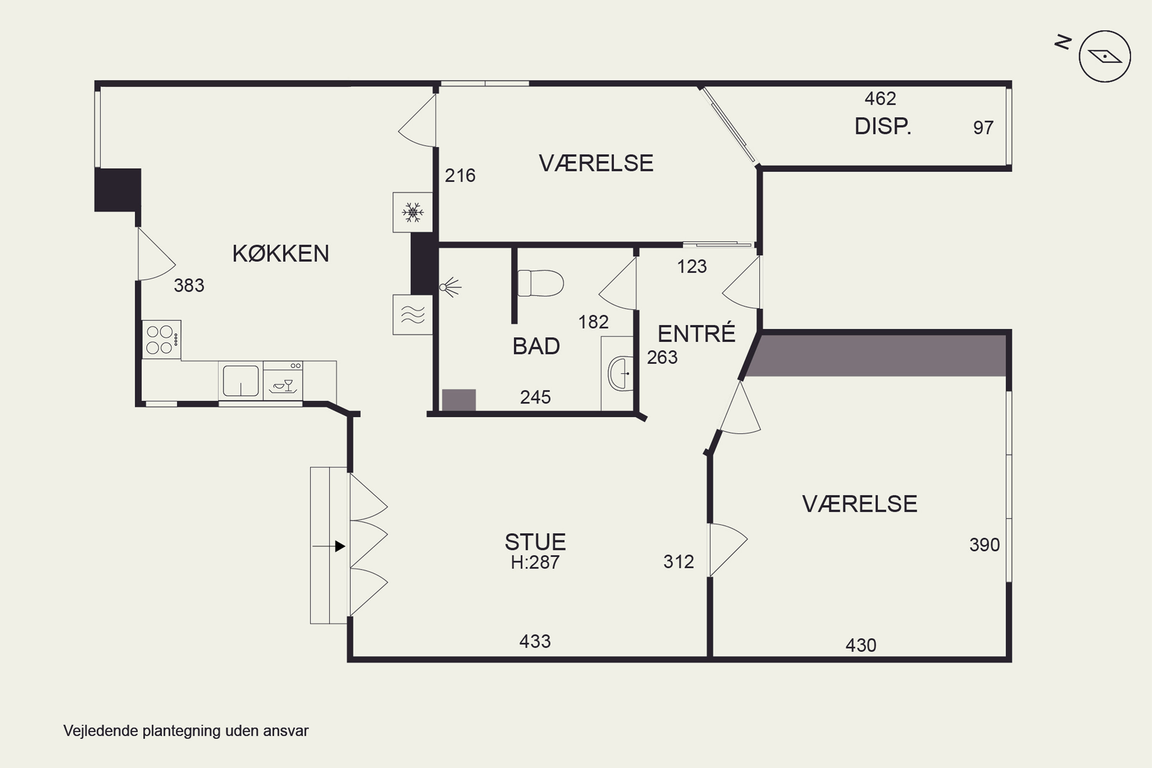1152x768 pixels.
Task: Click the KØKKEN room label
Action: tap(281, 254)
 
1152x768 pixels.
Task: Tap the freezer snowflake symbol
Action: tap(412, 212)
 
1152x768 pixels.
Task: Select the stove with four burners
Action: tap(162, 339)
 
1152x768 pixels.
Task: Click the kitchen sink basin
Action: tap(240, 381)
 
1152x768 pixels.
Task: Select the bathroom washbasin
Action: tap(620, 373)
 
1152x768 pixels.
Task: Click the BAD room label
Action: tap(536, 346)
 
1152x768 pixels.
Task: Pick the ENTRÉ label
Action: tap(696, 334)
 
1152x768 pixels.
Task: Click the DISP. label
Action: tap(882, 127)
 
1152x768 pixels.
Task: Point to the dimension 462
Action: tap(880, 99)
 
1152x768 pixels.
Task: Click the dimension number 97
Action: tap(983, 128)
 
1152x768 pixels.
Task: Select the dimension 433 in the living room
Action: tap(535, 641)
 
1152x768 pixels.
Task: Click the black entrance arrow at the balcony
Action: tap(340, 546)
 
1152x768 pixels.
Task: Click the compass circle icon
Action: tap(1104, 57)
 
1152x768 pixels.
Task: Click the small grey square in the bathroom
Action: tap(459, 400)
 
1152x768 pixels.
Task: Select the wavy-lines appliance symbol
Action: tap(412, 314)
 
